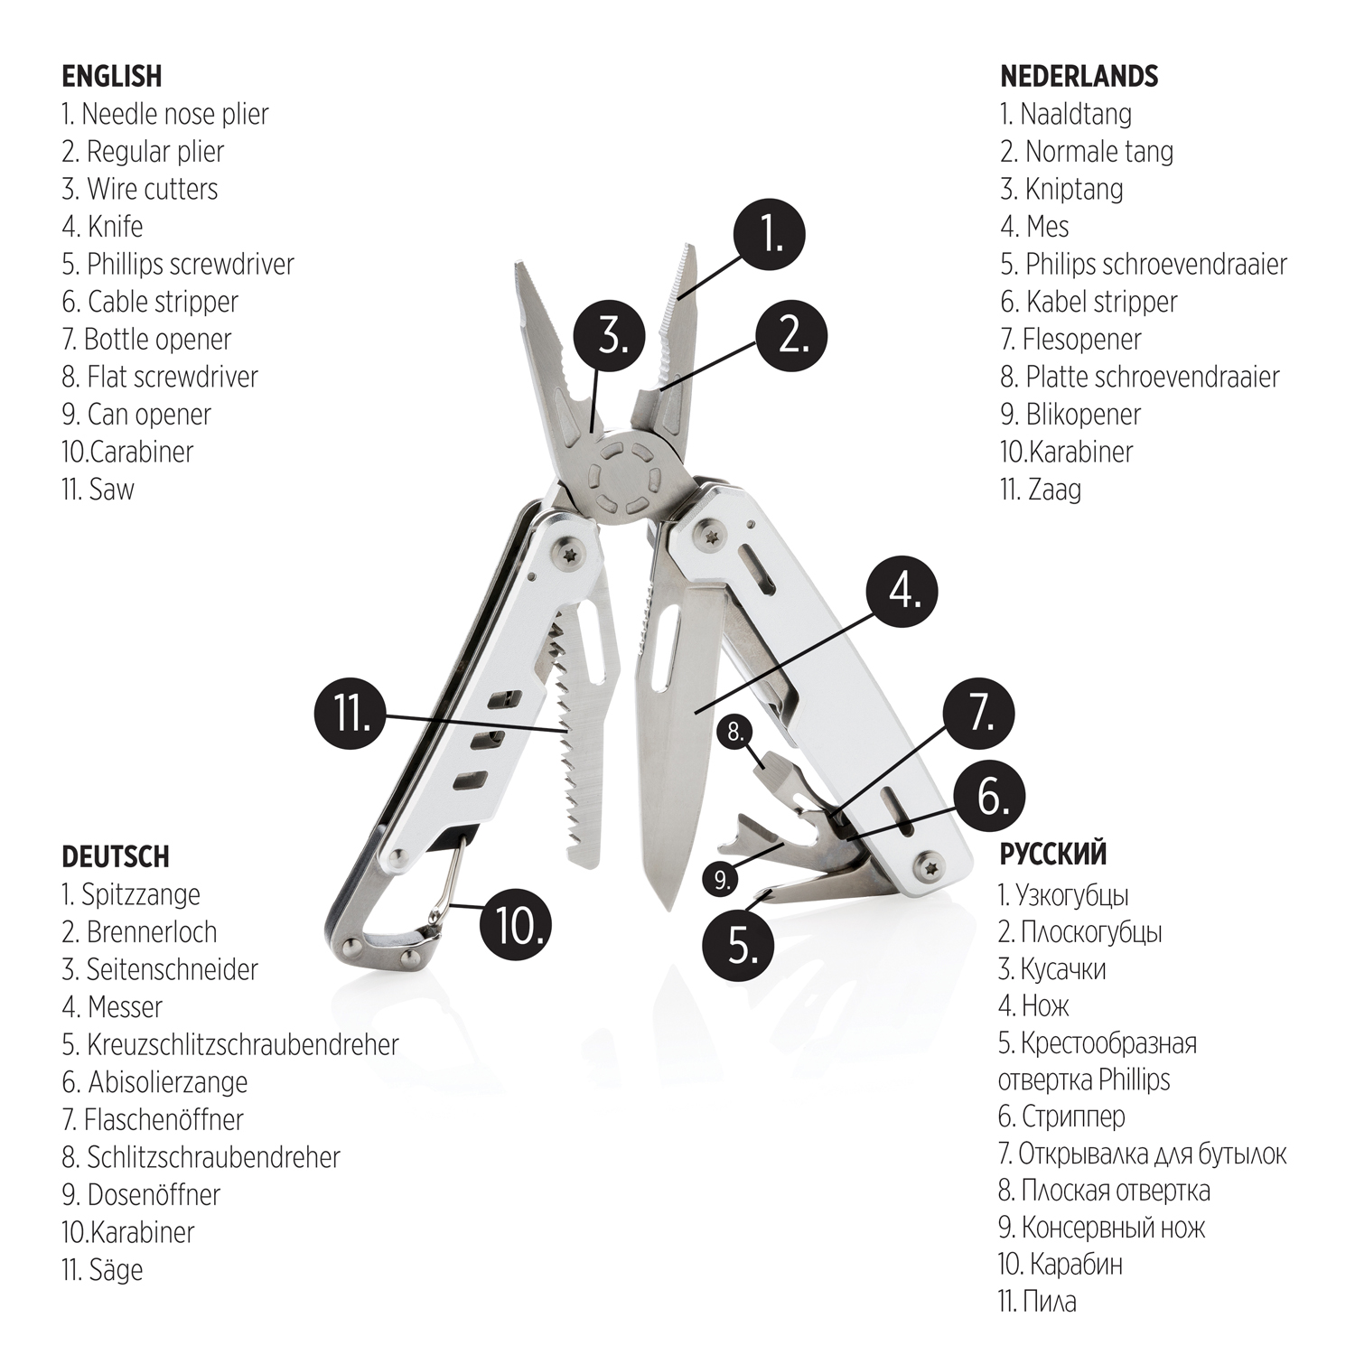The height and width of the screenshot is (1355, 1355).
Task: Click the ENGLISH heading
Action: tap(112, 77)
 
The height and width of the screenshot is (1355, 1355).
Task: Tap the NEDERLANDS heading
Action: tap(1079, 77)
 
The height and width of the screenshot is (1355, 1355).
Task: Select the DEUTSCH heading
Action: tap(116, 856)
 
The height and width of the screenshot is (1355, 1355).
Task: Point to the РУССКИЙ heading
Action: tap(1052, 854)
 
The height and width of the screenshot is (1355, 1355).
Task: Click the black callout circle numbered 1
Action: tap(769, 235)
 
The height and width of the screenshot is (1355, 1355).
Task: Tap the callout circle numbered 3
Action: tap(611, 336)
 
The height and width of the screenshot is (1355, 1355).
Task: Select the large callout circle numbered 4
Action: tap(902, 593)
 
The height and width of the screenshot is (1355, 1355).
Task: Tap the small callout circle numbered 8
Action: tap(735, 732)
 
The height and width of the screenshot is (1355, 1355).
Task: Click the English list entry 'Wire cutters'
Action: tap(140, 189)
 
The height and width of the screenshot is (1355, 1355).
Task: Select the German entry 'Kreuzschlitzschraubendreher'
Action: tap(230, 1044)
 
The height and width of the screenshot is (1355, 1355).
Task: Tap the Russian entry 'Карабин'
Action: tap(1061, 1264)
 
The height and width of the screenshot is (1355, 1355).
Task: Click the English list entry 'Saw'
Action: tap(98, 490)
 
